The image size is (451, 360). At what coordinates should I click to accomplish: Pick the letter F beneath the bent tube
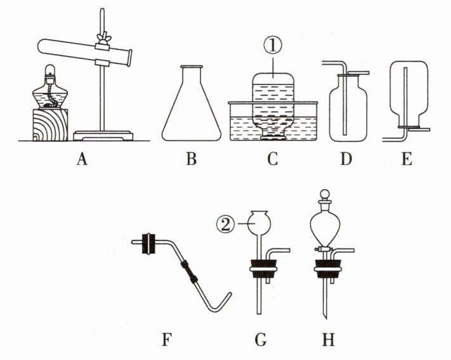(x=166, y=340)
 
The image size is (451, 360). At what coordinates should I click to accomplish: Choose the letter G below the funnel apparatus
(x=259, y=340)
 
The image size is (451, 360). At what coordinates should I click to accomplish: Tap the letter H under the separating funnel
(x=328, y=340)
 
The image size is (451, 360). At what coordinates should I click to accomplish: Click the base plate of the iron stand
(x=103, y=135)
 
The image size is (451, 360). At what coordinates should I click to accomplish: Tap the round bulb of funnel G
(x=260, y=223)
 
